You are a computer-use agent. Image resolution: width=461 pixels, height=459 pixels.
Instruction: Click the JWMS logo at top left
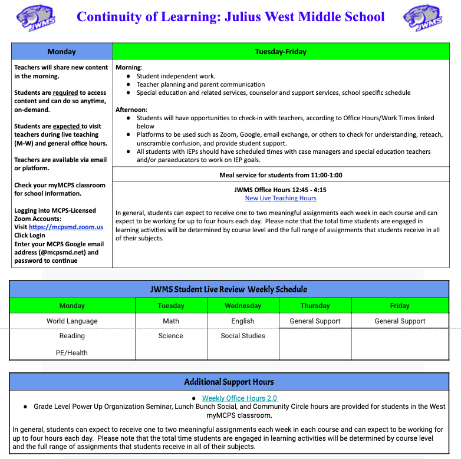(x=36, y=18)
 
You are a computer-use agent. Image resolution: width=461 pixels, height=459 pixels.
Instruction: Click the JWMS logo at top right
(x=423, y=18)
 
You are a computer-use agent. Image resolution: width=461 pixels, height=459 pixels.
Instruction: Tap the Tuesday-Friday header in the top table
(x=281, y=51)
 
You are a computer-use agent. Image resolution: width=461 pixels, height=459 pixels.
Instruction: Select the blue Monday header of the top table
(x=61, y=51)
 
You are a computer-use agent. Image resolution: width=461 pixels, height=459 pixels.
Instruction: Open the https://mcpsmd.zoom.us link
(x=66, y=226)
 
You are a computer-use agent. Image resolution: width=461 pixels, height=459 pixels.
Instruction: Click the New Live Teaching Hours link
(x=281, y=198)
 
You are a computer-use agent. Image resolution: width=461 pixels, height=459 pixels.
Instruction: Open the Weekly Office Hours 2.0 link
(x=239, y=398)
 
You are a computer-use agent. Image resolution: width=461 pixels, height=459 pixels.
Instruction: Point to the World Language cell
(x=72, y=321)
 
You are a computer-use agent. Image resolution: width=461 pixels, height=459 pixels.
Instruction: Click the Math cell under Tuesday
(x=171, y=321)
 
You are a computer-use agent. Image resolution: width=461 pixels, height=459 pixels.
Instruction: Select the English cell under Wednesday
(x=243, y=321)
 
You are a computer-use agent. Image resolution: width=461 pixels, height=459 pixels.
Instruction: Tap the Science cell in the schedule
(x=171, y=336)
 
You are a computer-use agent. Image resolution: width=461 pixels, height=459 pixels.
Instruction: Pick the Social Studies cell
(x=243, y=336)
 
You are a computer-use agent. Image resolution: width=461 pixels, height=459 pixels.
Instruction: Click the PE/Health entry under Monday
(x=72, y=353)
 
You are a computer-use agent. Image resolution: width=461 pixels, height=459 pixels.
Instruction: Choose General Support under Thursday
(x=315, y=321)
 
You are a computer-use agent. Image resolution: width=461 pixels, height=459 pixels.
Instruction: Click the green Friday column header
(x=400, y=306)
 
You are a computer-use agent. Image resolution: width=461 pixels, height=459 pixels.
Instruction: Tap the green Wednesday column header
(x=243, y=306)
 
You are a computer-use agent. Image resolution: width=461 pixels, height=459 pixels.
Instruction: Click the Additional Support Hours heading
(x=229, y=382)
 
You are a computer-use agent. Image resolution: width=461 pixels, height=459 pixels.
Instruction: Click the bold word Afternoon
(x=130, y=110)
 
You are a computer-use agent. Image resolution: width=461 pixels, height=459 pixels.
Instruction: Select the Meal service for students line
(x=281, y=175)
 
